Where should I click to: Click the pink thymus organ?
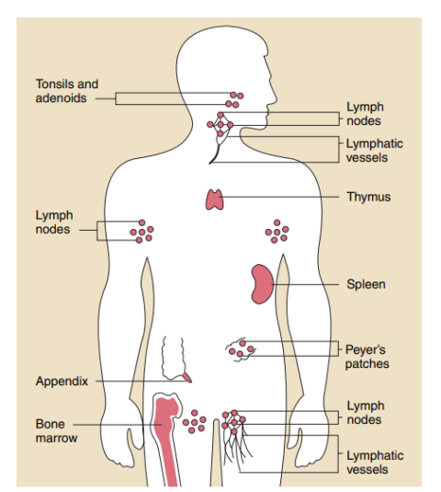coord(214,200)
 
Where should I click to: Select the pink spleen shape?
coord(261,284)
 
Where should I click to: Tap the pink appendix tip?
coord(187,377)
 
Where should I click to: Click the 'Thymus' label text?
coord(368,197)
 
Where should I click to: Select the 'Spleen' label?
coord(366,284)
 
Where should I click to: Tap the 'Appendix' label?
coord(62,382)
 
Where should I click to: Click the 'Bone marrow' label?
coord(56,430)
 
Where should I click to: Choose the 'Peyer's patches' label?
coord(367,357)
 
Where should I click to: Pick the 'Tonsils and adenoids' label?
coord(67,91)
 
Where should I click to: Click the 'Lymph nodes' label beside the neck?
coord(365,114)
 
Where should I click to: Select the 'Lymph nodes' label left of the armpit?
coord(54,223)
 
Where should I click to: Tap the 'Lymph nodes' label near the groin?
coord(366,413)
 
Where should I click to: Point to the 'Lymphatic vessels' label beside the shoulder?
coord(375,151)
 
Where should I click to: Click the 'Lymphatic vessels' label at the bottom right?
coord(375,463)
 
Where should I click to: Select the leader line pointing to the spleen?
coord(305,284)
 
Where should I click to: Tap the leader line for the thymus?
coord(279,197)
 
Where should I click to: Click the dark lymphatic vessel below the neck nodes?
coord(216,154)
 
